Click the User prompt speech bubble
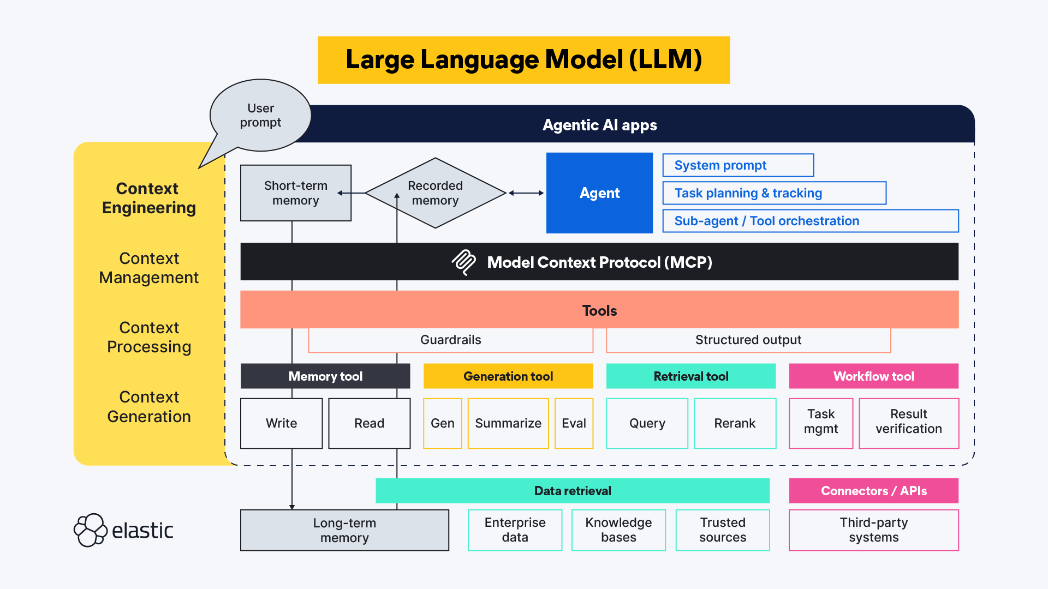(260, 116)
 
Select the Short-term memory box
(295, 193)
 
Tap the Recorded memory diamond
(435, 193)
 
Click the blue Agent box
(599, 193)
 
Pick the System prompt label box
(738, 165)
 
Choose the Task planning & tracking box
(774, 193)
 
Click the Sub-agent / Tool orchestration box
(810, 221)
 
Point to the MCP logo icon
(464, 262)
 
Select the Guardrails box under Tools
(450, 340)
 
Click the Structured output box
(748, 340)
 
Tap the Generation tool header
(508, 376)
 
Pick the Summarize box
(508, 424)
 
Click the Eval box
(574, 424)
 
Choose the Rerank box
(735, 424)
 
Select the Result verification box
(908, 424)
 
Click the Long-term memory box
(344, 530)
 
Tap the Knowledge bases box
(618, 530)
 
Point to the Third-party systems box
(873, 530)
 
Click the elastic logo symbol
(90, 530)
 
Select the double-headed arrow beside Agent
(526, 193)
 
